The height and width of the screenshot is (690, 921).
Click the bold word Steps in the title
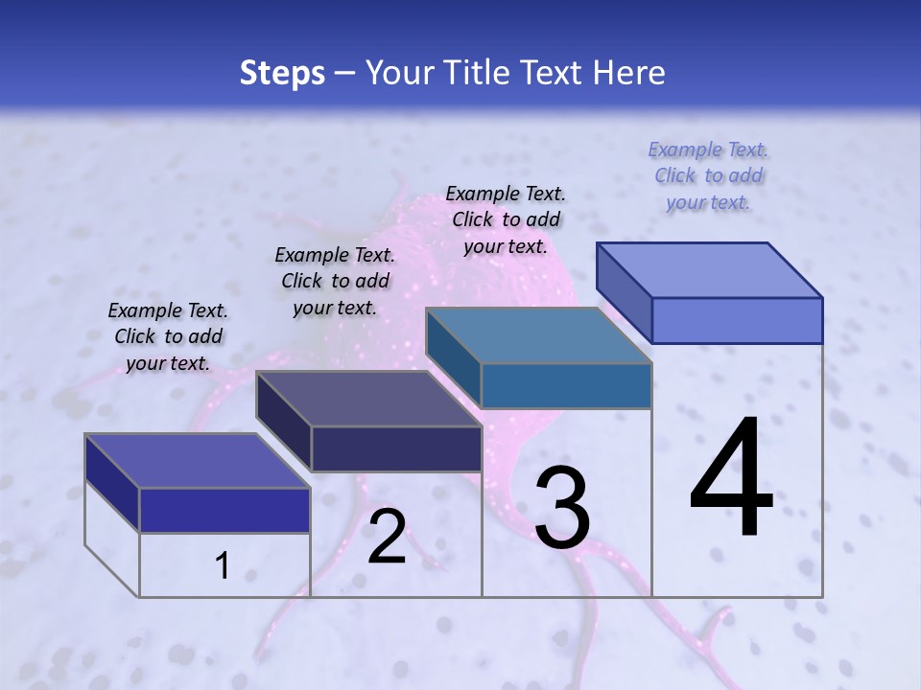click(282, 73)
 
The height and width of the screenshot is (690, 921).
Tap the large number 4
click(732, 479)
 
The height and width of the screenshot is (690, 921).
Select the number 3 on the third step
click(562, 509)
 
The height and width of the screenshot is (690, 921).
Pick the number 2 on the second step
click(387, 538)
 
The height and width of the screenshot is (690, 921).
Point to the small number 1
click(222, 566)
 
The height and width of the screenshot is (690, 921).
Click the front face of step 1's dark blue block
click(224, 510)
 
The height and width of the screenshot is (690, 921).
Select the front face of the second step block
click(396, 448)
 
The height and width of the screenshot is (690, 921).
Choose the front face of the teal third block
click(566, 385)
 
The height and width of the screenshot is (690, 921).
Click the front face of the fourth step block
click(737, 320)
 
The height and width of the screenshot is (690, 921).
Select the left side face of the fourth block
click(624, 292)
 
